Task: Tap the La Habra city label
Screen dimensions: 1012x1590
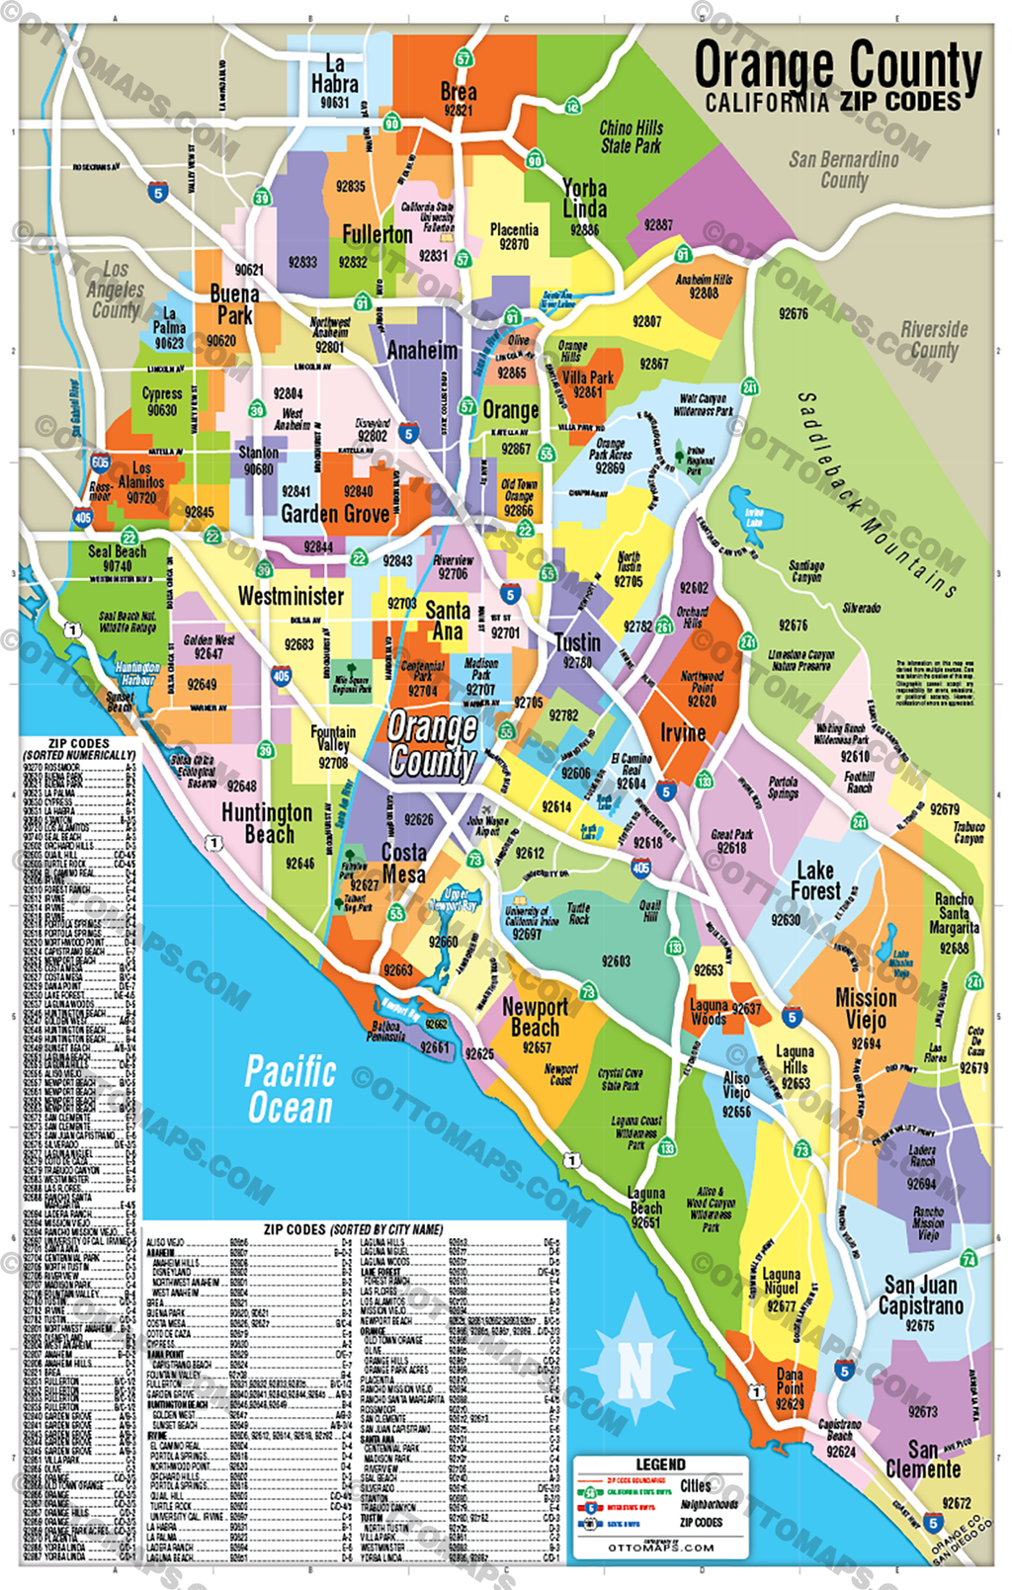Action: coord(335,75)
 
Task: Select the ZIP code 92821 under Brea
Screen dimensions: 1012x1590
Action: coord(458,111)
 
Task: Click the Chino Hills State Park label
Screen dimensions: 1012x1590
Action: coord(632,136)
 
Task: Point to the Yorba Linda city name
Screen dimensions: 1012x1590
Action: coord(585,198)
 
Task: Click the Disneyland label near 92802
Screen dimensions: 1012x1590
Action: coord(373,423)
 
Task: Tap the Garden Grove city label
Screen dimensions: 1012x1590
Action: coord(335,514)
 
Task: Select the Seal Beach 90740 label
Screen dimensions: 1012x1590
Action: coord(117,558)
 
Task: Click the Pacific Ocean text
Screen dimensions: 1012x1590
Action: coord(291,1089)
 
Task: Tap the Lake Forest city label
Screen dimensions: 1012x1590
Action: coord(815,879)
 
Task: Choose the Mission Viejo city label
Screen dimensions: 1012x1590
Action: coord(866,1008)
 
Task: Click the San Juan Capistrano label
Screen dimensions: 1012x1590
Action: coord(921,1295)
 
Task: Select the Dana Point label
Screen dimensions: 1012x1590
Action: coord(790,1381)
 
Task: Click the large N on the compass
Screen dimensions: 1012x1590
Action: coord(634,1369)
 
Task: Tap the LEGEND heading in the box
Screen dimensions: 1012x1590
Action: coord(660,1464)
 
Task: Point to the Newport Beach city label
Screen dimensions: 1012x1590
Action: coord(535,1017)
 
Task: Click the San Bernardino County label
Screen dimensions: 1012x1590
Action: coord(844,169)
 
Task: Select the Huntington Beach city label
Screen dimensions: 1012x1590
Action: coord(267,822)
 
